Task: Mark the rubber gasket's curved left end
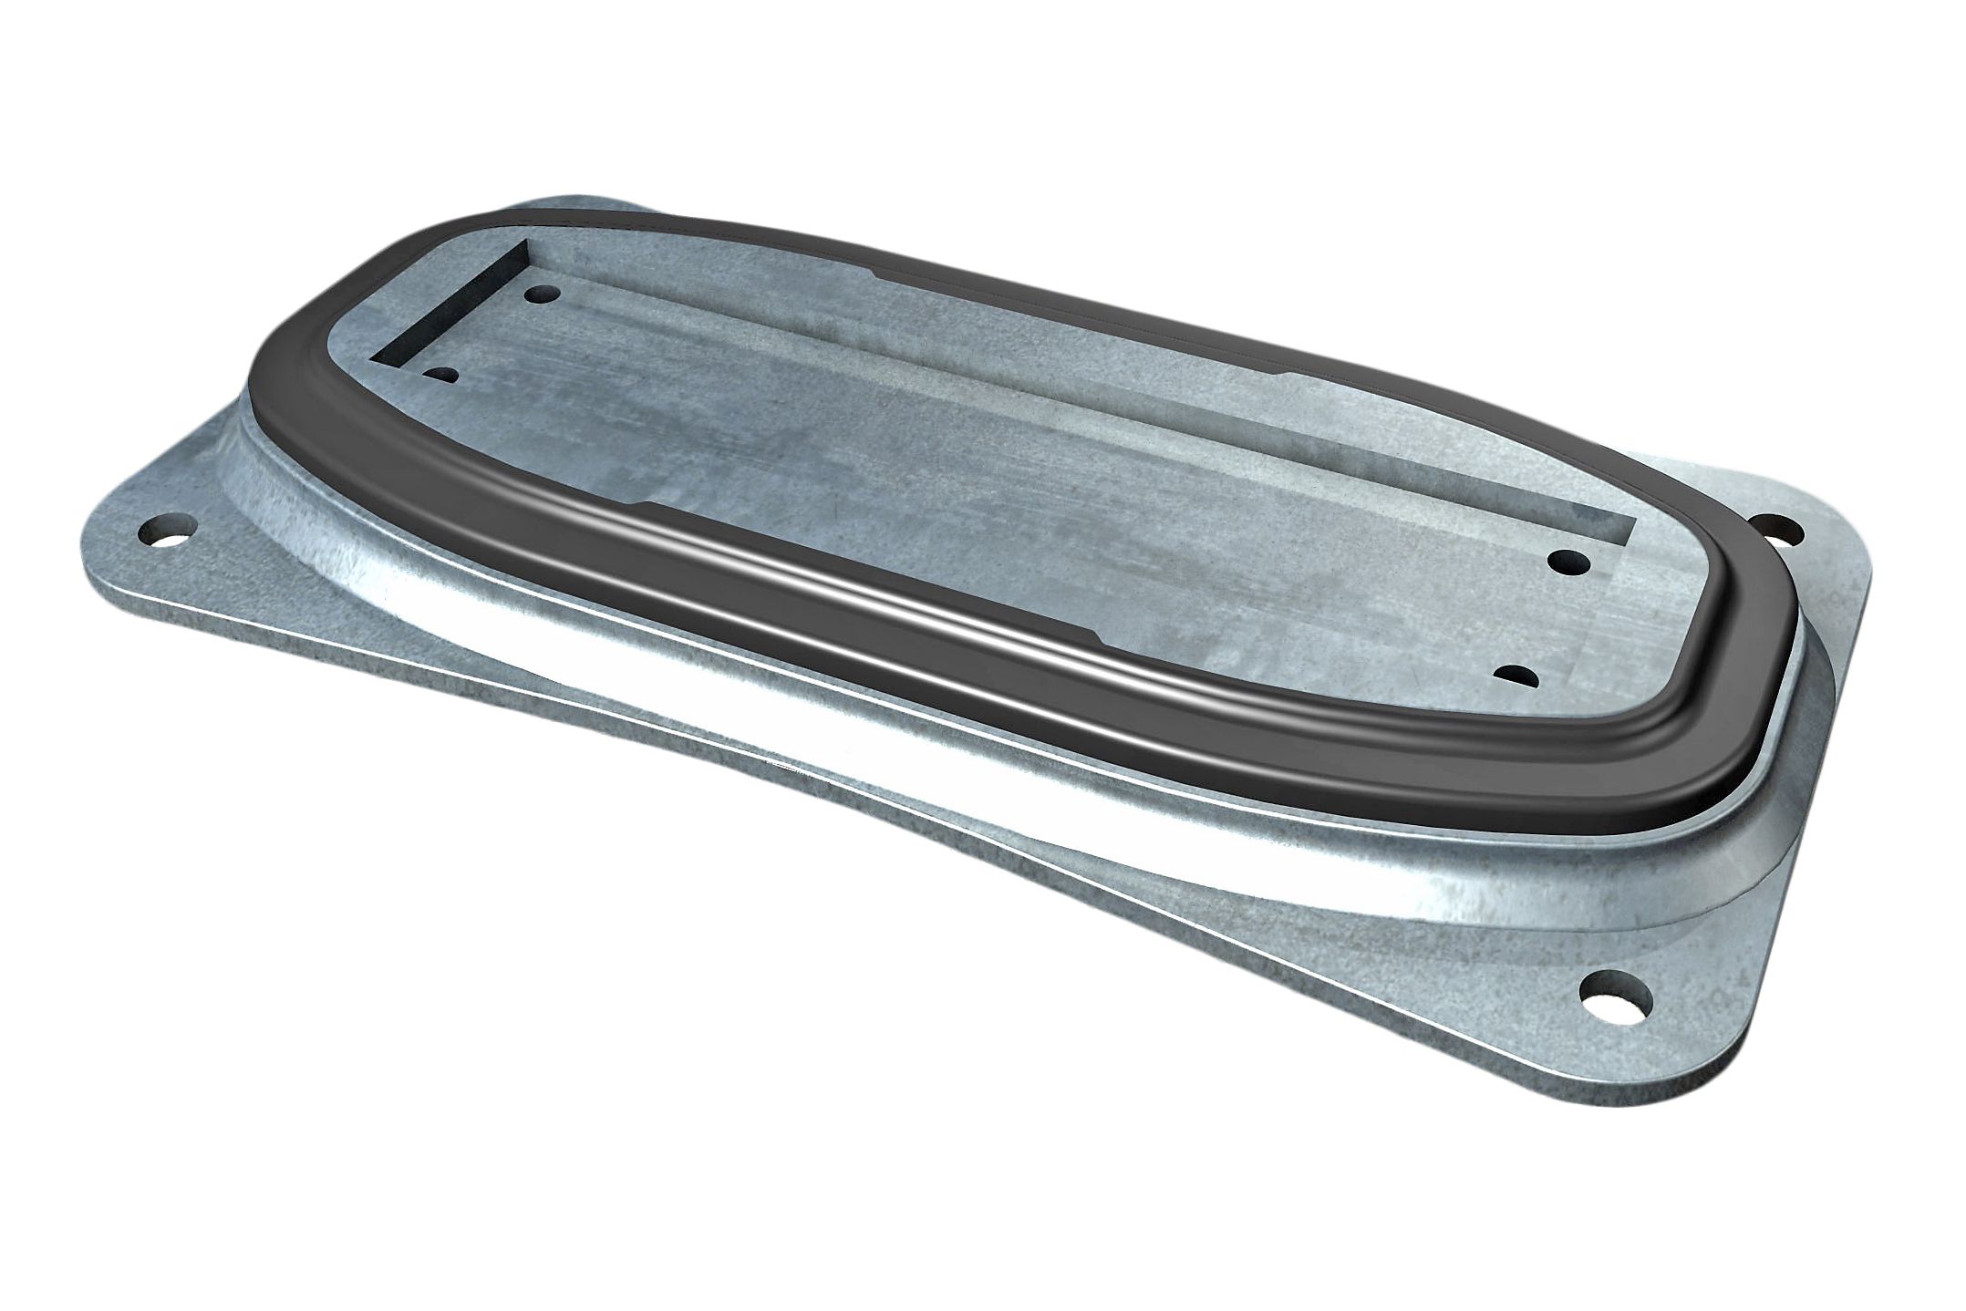point(274,401)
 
